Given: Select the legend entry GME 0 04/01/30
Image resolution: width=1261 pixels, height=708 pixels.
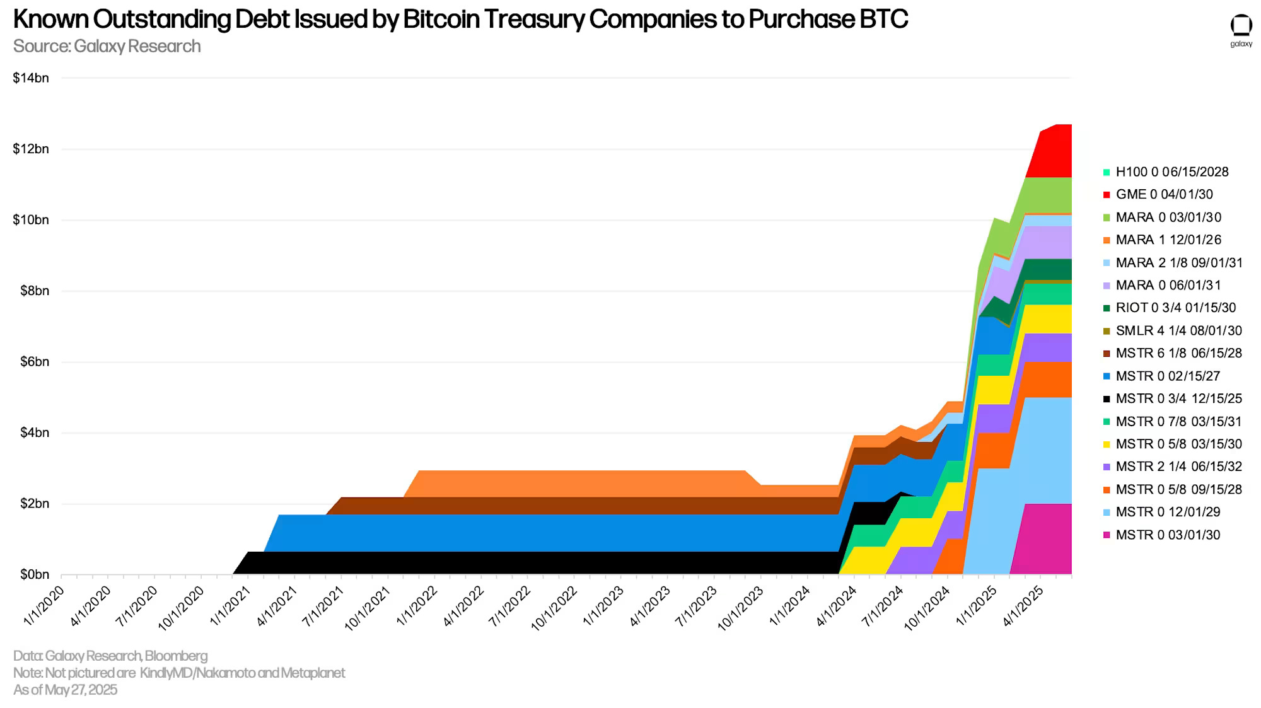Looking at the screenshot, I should (x=1164, y=194).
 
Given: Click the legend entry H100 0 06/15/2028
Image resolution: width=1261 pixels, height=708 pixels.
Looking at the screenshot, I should (x=1171, y=171).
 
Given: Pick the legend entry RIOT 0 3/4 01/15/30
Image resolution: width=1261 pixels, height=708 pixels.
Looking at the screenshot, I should (x=1175, y=308).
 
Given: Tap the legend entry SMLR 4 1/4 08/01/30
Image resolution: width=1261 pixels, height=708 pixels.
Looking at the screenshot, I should (x=1178, y=330).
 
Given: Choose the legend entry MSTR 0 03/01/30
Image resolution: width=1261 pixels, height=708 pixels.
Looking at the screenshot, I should (x=1168, y=535).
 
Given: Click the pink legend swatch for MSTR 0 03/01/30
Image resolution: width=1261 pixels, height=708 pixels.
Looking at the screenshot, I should (x=1107, y=535).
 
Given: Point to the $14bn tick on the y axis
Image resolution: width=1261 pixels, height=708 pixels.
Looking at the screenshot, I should (x=31, y=78).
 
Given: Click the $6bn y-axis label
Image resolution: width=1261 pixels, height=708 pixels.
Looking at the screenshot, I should (x=31, y=362).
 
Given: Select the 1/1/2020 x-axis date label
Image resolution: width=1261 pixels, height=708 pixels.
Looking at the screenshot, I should (x=44, y=606).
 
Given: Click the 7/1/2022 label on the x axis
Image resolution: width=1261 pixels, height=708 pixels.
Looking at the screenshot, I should (x=510, y=606).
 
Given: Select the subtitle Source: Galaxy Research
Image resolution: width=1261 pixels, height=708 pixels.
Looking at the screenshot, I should (x=107, y=47).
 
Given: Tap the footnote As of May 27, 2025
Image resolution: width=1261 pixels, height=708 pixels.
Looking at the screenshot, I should (x=65, y=690).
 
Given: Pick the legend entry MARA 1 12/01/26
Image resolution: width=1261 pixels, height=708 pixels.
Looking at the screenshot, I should (x=1168, y=240).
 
